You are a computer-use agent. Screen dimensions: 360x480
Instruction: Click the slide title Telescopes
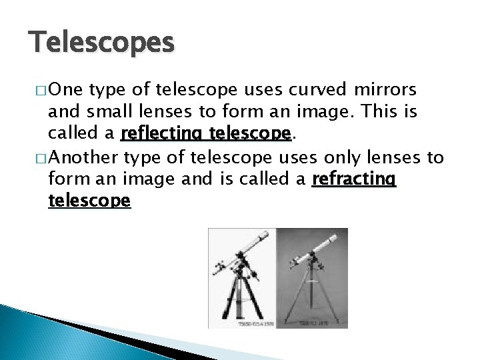[x=101, y=42]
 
